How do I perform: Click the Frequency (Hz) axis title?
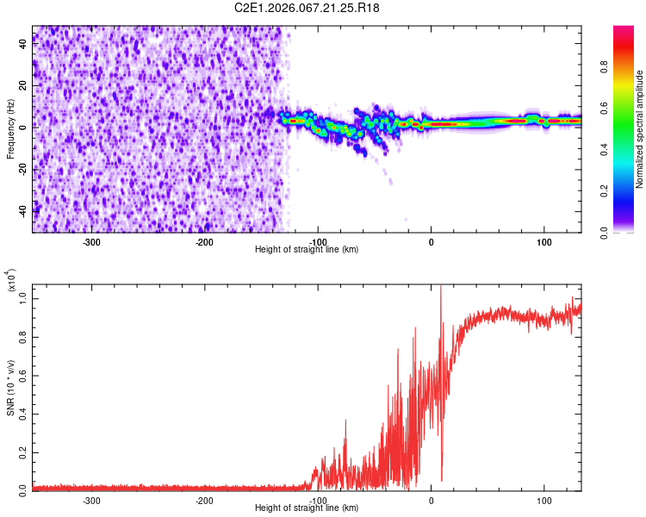[x=10, y=129]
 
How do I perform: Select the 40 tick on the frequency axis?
[x=24, y=45]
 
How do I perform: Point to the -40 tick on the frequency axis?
[x=24, y=211]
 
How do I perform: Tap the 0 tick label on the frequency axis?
[x=24, y=128]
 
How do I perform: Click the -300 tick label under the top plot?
[x=91, y=241]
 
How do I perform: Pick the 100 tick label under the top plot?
[x=544, y=241]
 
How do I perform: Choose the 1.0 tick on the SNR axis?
[x=24, y=298]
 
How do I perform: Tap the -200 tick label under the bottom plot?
[x=204, y=500]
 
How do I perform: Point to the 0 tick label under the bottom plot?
[x=432, y=500]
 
